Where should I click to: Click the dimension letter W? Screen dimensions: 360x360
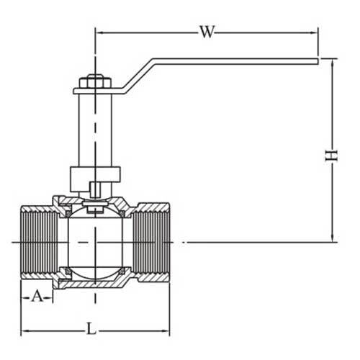[x=207, y=31]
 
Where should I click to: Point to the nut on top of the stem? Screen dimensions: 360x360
[x=94, y=81]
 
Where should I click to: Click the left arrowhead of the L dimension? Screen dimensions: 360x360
[x=24, y=330]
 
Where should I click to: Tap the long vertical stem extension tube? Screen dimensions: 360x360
[x=94, y=130]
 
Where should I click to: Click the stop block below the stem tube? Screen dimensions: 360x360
[x=94, y=176]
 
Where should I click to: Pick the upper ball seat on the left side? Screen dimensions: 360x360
[x=63, y=212]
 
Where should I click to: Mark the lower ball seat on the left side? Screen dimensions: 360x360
[x=63, y=272]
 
